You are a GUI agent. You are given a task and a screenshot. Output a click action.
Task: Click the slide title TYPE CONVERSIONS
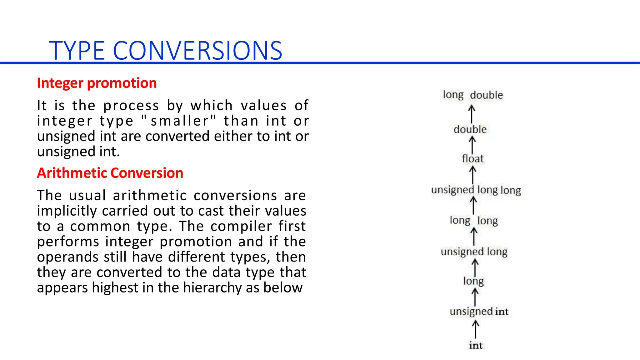(x=166, y=51)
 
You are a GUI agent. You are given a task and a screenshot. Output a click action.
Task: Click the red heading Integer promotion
(x=97, y=83)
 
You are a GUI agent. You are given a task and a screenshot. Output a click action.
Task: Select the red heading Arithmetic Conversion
(x=110, y=173)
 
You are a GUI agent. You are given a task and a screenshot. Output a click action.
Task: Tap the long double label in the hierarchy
(x=473, y=95)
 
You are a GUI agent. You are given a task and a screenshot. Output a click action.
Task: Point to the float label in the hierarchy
(x=472, y=159)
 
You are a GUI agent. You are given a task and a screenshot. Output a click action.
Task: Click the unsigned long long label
(x=476, y=190)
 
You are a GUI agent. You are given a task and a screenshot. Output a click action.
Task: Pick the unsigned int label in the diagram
(x=479, y=312)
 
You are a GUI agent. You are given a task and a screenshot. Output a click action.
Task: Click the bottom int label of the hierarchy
(x=476, y=345)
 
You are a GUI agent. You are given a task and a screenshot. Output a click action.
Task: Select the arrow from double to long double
(x=472, y=114)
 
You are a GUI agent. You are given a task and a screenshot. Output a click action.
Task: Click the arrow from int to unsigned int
(x=475, y=329)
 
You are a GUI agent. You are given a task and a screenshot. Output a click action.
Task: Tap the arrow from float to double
(x=472, y=145)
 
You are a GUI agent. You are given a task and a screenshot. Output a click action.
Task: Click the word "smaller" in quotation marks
(x=179, y=121)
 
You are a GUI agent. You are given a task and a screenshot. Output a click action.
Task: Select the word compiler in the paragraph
(x=241, y=226)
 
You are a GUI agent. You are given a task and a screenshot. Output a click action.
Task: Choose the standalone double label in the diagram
(x=470, y=129)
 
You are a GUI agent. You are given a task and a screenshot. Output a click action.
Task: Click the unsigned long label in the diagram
(x=474, y=252)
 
